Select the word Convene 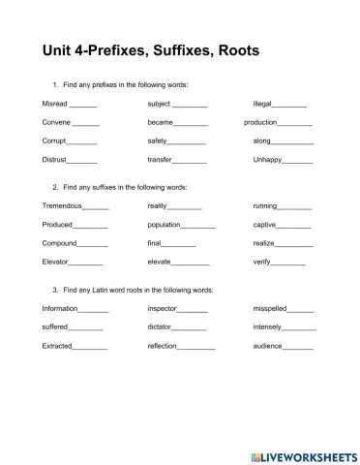click(57, 122)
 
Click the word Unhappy click(269, 159)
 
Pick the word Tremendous click(62, 205)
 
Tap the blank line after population click(198, 225)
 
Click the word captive click(264, 225)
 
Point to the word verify click(263, 262)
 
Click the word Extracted click(57, 346)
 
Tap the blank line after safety click(188, 140)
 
